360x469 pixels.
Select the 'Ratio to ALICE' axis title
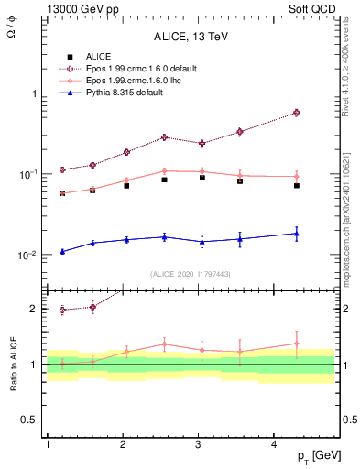coord(13,364)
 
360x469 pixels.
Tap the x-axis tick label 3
coord(199,444)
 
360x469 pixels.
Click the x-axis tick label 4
coord(275,444)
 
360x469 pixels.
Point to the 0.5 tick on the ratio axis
coord(29,420)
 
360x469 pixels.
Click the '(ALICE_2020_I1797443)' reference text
coord(191,275)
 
